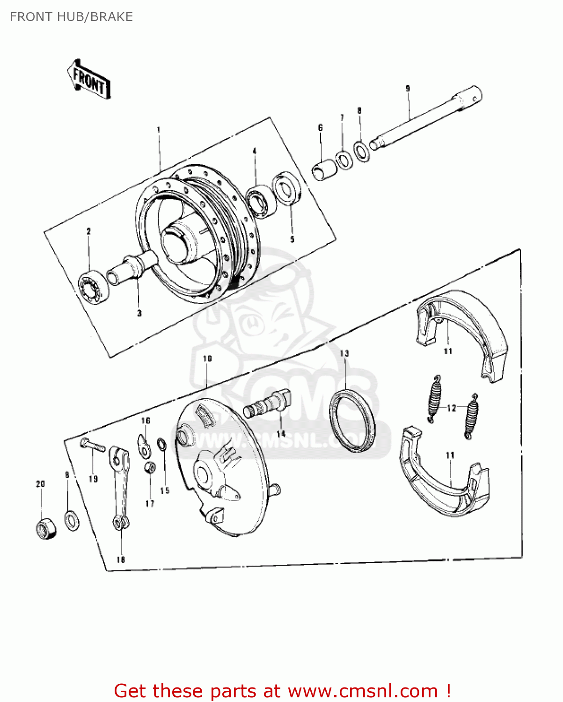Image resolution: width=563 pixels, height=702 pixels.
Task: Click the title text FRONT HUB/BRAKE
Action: (71, 17)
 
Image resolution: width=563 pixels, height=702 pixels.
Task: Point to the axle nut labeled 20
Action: (45, 529)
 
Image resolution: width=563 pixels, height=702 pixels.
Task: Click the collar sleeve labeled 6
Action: (324, 169)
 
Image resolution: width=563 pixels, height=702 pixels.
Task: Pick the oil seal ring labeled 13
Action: (352, 420)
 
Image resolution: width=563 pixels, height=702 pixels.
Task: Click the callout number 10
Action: (207, 358)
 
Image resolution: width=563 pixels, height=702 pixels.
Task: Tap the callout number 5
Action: (292, 239)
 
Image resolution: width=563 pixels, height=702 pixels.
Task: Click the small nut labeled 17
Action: (150, 467)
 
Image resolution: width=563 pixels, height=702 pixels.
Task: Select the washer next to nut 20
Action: (71, 521)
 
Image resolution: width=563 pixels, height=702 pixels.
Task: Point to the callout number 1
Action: (158, 130)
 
